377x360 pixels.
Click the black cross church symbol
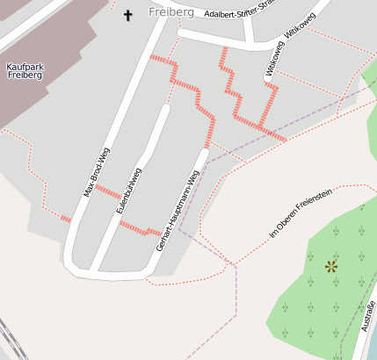tap(127, 15)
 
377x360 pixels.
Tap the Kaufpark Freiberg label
tap(25, 70)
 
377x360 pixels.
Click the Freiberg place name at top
tap(170, 11)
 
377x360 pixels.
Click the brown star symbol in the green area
tap(331, 265)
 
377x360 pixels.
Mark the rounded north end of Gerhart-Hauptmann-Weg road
tap(205, 153)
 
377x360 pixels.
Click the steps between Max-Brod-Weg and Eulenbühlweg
tap(108, 192)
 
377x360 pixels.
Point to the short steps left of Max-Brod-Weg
tap(65, 219)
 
